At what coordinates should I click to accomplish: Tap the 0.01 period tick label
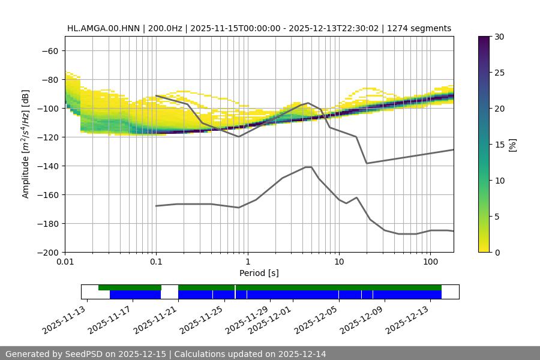pyautogui.click(x=65, y=262)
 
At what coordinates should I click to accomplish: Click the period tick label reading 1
pyautogui.click(x=247, y=262)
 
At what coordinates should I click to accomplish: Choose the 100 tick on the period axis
pyautogui.click(x=430, y=262)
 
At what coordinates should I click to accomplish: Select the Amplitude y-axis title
pyautogui.click(x=26, y=144)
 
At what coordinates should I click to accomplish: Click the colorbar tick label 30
pyautogui.click(x=499, y=37)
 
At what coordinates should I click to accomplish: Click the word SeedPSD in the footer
pyautogui.click(x=85, y=354)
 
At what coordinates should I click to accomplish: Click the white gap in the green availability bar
pyautogui.click(x=170, y=288)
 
